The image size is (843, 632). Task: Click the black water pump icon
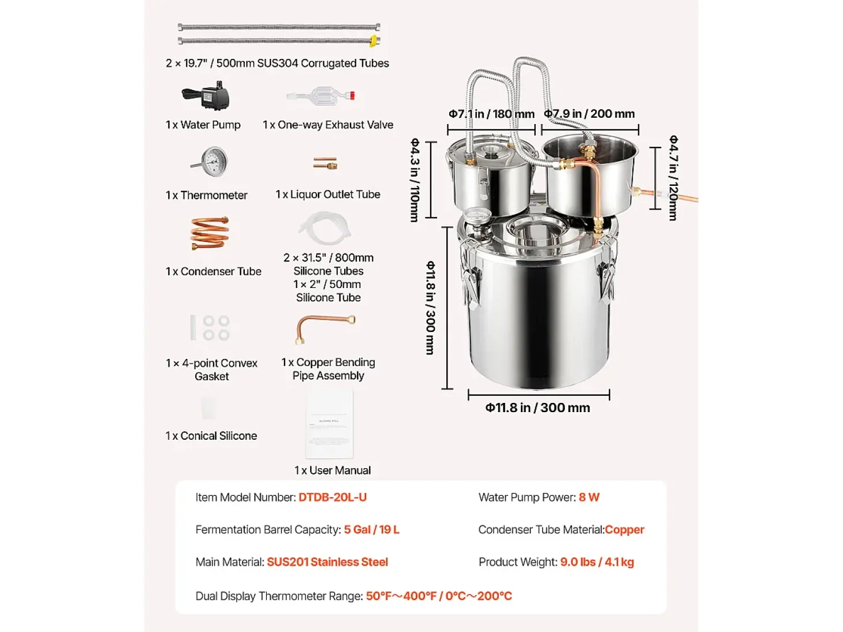point(206,96)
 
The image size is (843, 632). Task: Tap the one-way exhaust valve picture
point(321,96)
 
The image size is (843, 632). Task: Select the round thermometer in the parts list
point(210,162)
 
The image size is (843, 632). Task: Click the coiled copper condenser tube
point(210,233)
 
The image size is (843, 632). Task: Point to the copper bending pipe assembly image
point(325,328)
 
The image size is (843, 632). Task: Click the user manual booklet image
point(329,424)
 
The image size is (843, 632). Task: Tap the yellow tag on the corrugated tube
point(373,41)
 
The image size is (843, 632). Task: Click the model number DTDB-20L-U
point(333,498)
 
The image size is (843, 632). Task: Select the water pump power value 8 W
point(589,498)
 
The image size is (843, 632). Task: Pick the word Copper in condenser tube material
point(625,529)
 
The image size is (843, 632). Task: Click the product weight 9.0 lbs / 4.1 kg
point(597,562)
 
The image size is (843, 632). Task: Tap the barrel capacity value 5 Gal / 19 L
point(371,529)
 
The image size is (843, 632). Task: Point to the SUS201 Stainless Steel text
point(327,562)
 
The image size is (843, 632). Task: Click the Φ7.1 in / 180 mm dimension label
point(491,114)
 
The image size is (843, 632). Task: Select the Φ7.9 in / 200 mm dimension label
point(589,114)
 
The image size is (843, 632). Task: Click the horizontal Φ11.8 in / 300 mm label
point(538,407)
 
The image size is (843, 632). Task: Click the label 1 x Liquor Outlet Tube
point(327,195)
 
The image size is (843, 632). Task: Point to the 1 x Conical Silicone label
point(211,436)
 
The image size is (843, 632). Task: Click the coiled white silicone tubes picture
point(325,229)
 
